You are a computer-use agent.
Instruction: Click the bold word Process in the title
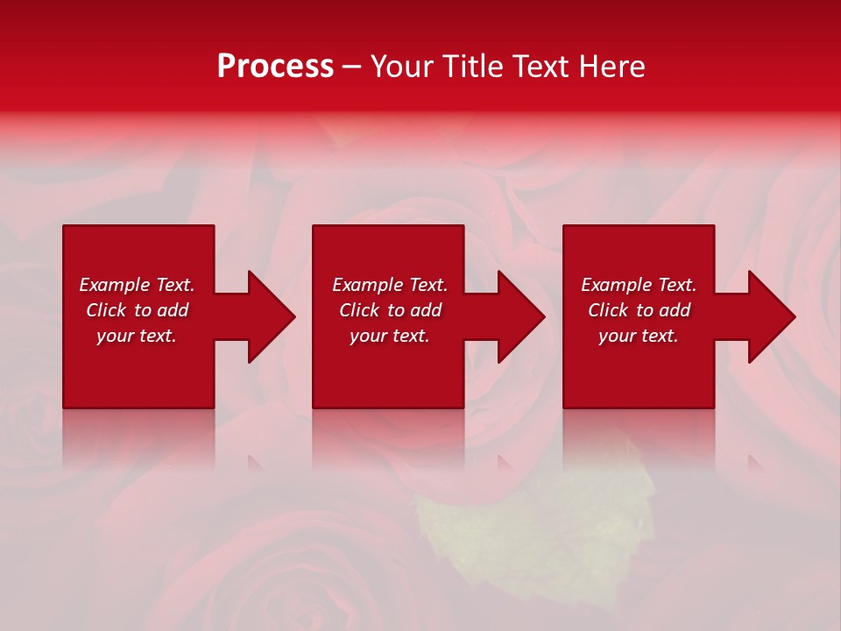(275, 67)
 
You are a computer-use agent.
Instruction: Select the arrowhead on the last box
(768, 316)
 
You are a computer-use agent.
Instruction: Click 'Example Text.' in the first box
(137, 285)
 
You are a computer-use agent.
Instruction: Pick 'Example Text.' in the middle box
(390, 285)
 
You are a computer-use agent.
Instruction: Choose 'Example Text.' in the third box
(639, 285)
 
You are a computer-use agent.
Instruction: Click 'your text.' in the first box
(137, 336)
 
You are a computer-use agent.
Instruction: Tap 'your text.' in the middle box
(390, 336)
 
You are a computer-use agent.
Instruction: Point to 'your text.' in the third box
(639, 336)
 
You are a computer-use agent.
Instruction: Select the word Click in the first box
(106, 310)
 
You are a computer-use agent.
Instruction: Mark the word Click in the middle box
(359, 310)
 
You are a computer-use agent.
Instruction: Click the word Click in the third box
(608, 310)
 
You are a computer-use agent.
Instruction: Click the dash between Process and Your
(350, 68)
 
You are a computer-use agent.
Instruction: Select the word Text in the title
(537, 67)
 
